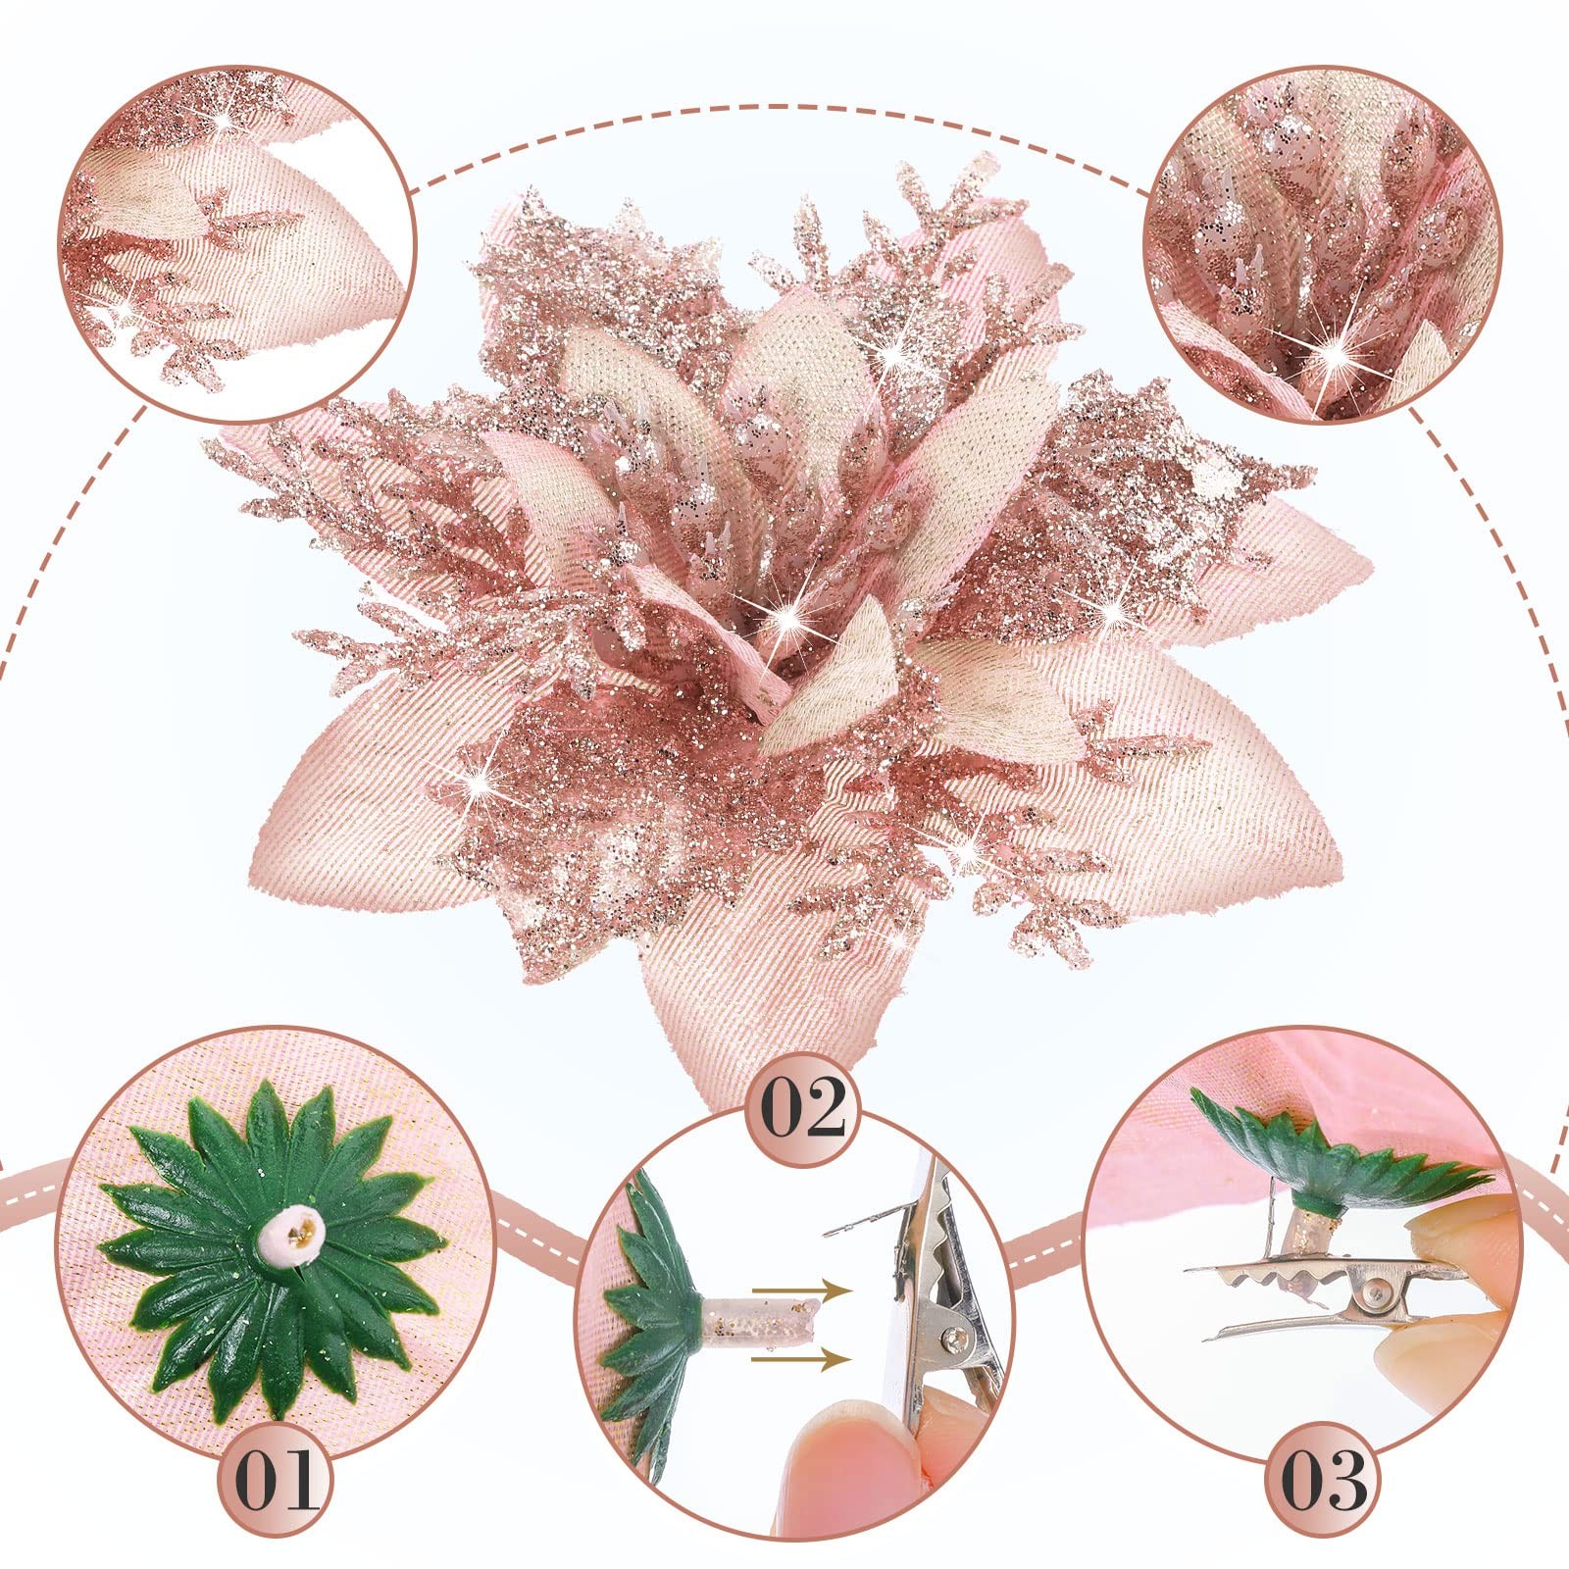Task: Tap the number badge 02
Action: [x=803, y=1106]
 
